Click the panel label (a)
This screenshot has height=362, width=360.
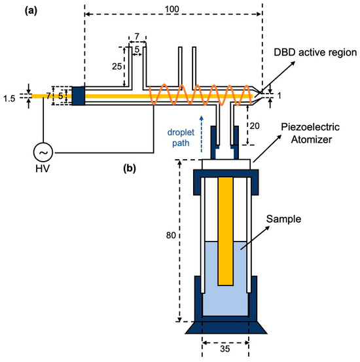coord(31,11)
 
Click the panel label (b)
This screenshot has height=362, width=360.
coord(130,168)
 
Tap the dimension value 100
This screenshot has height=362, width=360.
coord(172,9)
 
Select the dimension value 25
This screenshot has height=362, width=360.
coord(117,67)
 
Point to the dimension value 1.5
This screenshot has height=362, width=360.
coord(9,99)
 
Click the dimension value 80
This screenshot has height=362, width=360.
coord(171,235)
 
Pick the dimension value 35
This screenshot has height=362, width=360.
coord(225,349)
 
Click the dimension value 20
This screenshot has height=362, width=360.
coord(255,126)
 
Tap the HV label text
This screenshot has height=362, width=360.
coord(43,169)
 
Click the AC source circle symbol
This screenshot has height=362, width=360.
coord(43,153)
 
